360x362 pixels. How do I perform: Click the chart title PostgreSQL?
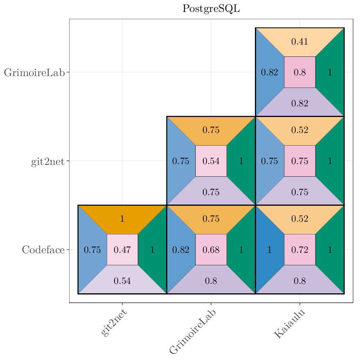point(211,9)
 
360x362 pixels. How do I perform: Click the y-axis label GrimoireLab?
point(34,73)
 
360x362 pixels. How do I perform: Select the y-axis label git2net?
point(47,162)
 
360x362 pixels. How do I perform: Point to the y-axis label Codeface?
point(43,250)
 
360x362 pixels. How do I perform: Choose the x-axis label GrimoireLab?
point(193,331)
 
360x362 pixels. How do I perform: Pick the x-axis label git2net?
point(114,323)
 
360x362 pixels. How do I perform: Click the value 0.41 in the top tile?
point(299,41)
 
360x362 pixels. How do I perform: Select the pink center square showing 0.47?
point(122,250)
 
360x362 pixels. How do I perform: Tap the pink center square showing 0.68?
point(211,250)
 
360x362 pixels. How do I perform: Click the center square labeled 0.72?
point(299,250)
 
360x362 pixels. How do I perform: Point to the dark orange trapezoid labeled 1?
point(122,218)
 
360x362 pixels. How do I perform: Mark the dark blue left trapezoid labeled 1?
point(269,250)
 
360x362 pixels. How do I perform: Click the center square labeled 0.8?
point(299,72)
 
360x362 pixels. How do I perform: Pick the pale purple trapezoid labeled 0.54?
point(122,281)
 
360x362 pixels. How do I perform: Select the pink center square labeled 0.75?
point(299,161)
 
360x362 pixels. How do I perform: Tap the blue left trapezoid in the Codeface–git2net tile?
point(92,250)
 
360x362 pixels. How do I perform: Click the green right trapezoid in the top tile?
point(330,72)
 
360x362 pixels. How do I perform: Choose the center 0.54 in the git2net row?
point(211,161)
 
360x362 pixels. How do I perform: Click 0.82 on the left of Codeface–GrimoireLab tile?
point(181,250)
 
